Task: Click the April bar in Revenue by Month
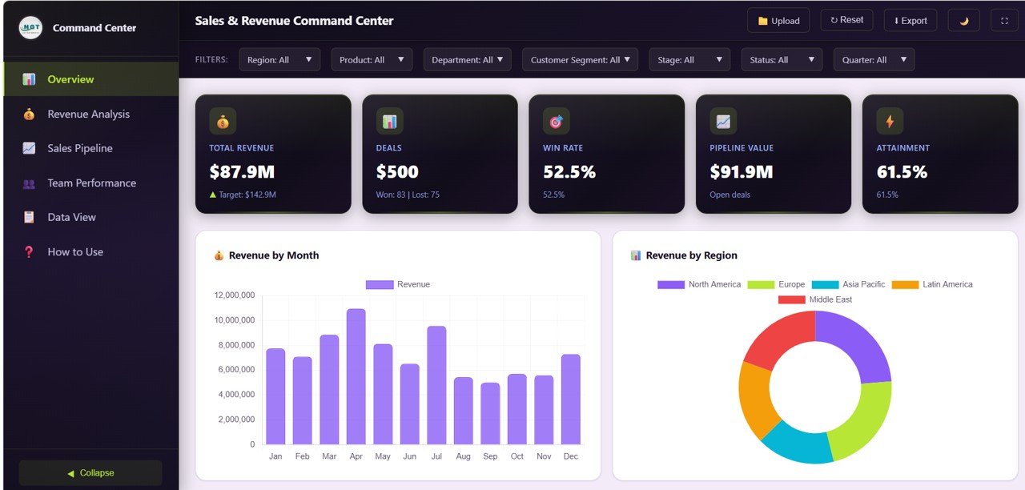[356, 376]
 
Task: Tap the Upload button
[778, 21]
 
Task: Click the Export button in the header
[910, 21]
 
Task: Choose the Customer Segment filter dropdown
[580, 60]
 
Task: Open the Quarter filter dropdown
[874, 60]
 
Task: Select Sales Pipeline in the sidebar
[79, 148]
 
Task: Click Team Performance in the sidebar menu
[91, 183]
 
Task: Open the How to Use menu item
[75, 251]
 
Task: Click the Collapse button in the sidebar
[90, 473]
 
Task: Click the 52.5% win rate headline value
[569, 172]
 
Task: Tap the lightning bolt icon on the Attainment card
[890, 122]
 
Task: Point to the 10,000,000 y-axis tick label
[235, 320]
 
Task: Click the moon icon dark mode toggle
[963, 21]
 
